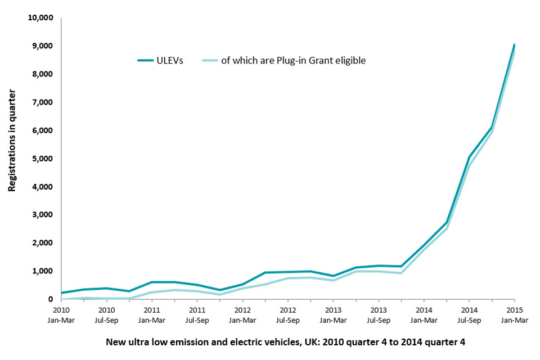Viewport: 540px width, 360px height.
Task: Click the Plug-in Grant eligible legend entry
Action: coord(292,60)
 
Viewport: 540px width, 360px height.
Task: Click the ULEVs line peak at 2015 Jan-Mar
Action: coord(514,45)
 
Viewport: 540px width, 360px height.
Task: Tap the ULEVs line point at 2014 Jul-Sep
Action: coord(469,157)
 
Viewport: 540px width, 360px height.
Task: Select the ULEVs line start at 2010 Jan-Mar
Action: coord(62,292)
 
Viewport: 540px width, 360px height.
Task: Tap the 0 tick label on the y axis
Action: coord(51,299)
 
